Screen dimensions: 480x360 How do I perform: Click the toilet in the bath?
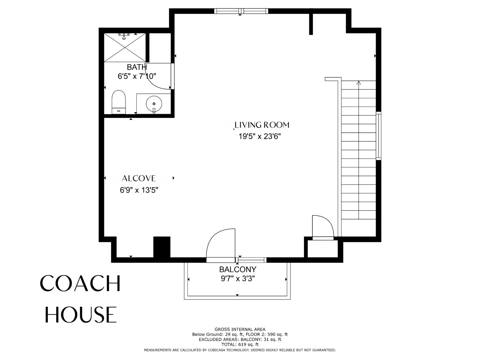[119, 102]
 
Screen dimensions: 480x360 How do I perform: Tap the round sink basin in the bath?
[154, 104]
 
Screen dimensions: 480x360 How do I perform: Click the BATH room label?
[137, 67]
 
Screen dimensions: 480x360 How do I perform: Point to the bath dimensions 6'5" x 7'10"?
[137, 76]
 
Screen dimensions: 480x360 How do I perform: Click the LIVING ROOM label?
[262, 125]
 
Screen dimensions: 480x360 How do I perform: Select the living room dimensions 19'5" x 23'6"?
[260, 136]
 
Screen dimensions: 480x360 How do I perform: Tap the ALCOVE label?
[139, 178]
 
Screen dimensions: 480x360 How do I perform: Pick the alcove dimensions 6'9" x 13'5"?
[139, 190]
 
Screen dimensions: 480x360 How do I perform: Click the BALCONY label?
[238, 269]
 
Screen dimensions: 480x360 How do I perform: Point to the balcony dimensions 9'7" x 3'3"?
[238, 279]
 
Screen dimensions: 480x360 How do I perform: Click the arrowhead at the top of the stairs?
[359, 83]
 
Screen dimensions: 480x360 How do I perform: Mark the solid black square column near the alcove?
[162, 247]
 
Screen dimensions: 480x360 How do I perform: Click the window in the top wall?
[241, 11]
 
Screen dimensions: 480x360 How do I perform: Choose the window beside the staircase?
[379, 136]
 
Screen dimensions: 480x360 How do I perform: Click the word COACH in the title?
[80, 283]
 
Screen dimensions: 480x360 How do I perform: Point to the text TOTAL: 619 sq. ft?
[240, 345]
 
